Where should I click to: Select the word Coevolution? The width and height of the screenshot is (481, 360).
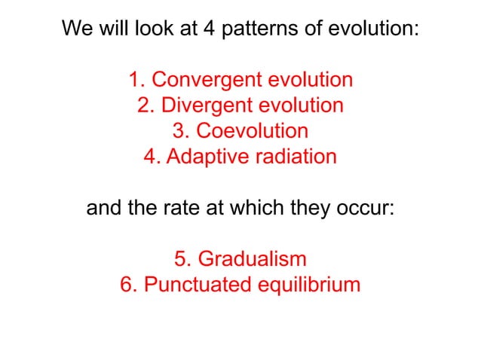(x=252, y=131)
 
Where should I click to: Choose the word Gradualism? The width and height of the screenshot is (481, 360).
(x=252, y=259)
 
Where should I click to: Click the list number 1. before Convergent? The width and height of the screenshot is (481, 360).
(x=136, y=80)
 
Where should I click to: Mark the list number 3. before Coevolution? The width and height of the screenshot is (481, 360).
(x=181, y=131)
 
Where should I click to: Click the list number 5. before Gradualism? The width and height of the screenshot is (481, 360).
(x=182, y=259)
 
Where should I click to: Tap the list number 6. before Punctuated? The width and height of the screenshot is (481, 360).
(x=127, y=285)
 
